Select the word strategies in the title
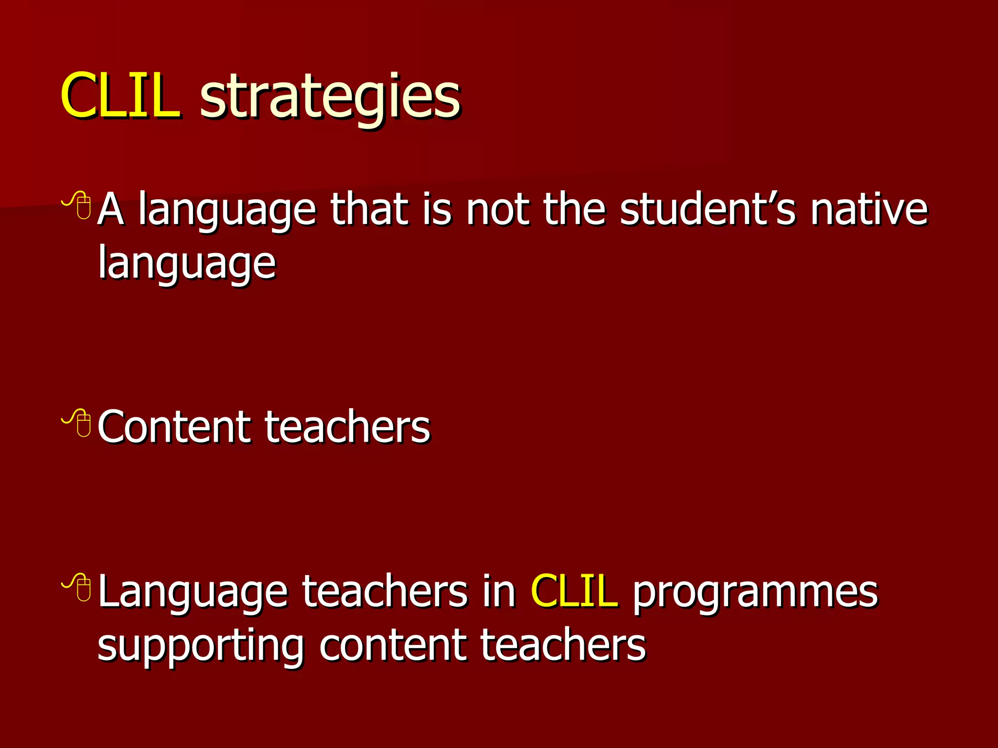[x=330, y=97]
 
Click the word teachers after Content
[x=347, y=427]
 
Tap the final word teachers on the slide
[x=563, y=646]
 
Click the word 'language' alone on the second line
[x=187, y=264]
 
